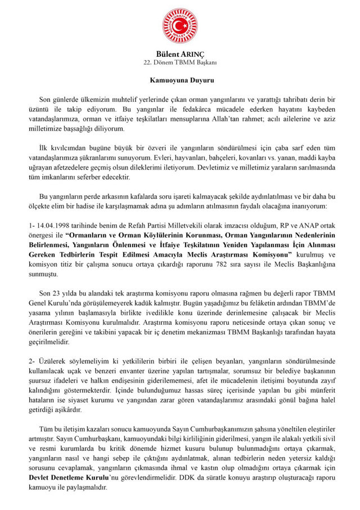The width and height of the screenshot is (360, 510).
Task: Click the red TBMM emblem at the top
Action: pyautogui.click(x=180, y=26)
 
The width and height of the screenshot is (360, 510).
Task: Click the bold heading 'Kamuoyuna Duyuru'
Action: pyautogui.click(x=180, y=81)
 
